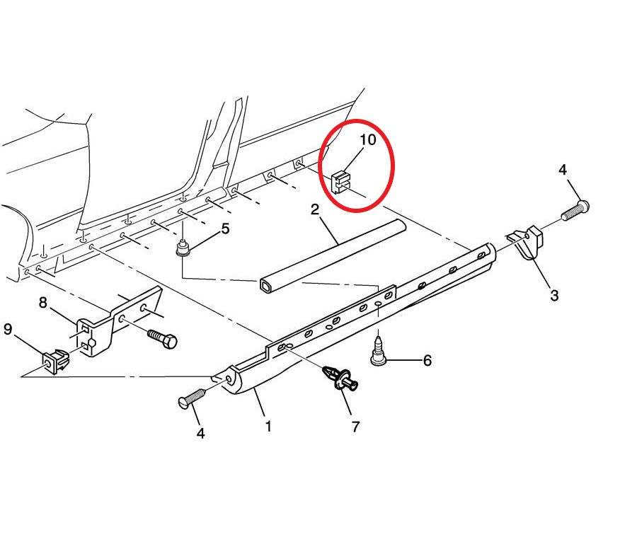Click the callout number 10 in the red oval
tap(368, 139)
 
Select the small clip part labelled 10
tap(341, 181)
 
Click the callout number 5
tap(225, 229)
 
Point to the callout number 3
tap(553, 295)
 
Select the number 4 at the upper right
tap(563, 170)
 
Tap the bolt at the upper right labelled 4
tap(576, 209)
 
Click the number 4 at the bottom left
tap(200, 433)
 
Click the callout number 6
tap(427, 361)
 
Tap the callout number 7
tap(355, 427)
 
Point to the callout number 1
tap(268, 427)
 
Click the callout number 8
tap(43, 303)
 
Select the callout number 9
tap(8, 328)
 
